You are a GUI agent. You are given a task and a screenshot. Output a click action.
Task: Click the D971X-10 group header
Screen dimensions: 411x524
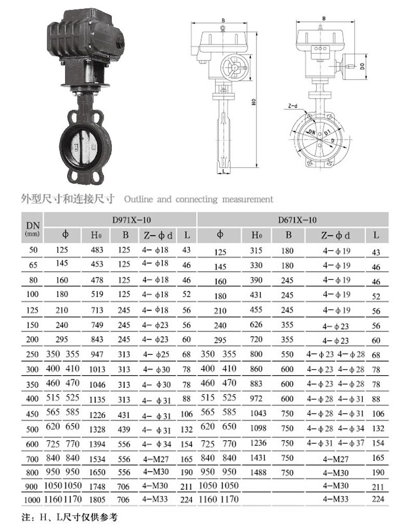131,220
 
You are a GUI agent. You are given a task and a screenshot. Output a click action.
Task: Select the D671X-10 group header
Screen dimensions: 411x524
297,220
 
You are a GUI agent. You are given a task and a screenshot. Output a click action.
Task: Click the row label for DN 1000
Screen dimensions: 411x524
32,500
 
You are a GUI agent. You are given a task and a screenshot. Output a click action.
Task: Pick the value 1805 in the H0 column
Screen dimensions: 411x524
97,500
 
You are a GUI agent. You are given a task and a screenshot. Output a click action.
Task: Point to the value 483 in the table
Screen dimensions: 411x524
97,250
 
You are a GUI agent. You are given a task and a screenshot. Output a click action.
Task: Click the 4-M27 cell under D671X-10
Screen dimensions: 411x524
336,459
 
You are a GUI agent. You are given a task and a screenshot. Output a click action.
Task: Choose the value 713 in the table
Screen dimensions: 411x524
97,310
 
